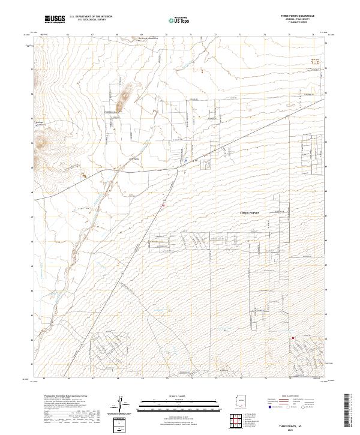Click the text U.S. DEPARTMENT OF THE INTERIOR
[91, 17]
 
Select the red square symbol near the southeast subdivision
[293, 338]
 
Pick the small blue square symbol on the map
[186, 160]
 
